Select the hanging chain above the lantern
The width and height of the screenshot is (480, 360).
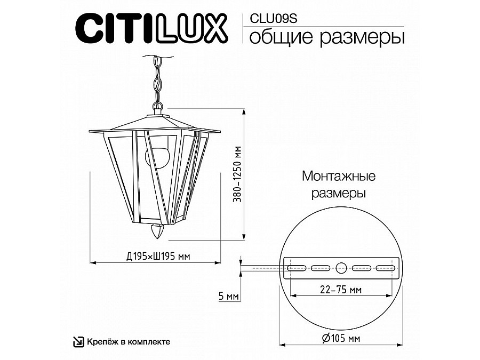156,80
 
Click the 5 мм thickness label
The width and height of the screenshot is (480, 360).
228,296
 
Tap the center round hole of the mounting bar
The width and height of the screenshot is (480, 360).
341,268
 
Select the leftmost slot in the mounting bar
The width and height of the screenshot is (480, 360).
297,268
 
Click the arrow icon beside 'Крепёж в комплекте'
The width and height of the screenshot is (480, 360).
78,341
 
